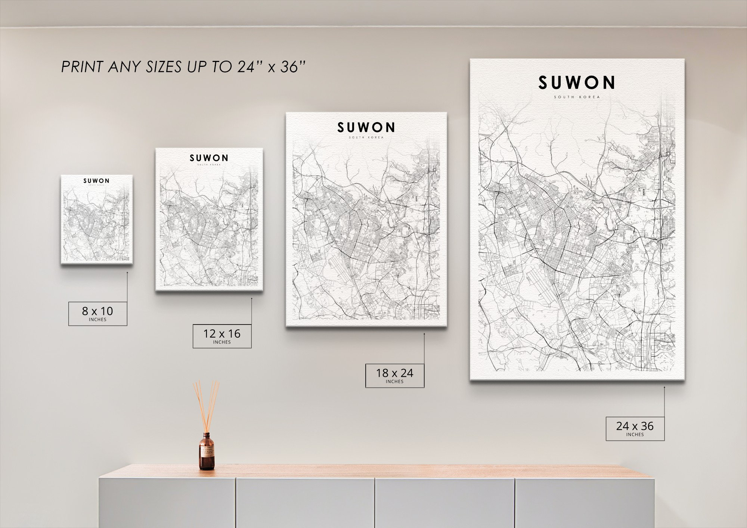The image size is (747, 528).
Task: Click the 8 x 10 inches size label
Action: (97, 313)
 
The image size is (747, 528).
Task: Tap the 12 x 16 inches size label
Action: (222, 336)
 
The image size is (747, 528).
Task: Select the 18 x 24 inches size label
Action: (394, 375)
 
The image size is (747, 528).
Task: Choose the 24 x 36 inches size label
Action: (635, 428)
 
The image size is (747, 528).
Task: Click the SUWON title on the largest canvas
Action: (577, 83)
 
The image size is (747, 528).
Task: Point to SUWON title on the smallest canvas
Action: (96, 181)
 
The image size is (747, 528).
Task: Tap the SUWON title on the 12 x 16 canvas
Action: (209, 158)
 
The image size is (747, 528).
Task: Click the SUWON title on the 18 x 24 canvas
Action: (366, 128)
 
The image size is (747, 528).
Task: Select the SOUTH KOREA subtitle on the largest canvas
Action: (577, 97)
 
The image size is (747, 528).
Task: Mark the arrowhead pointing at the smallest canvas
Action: (127, 272)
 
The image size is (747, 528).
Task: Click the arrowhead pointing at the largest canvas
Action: (664, 387)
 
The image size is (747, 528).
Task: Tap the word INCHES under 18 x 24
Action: (394, 382)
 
